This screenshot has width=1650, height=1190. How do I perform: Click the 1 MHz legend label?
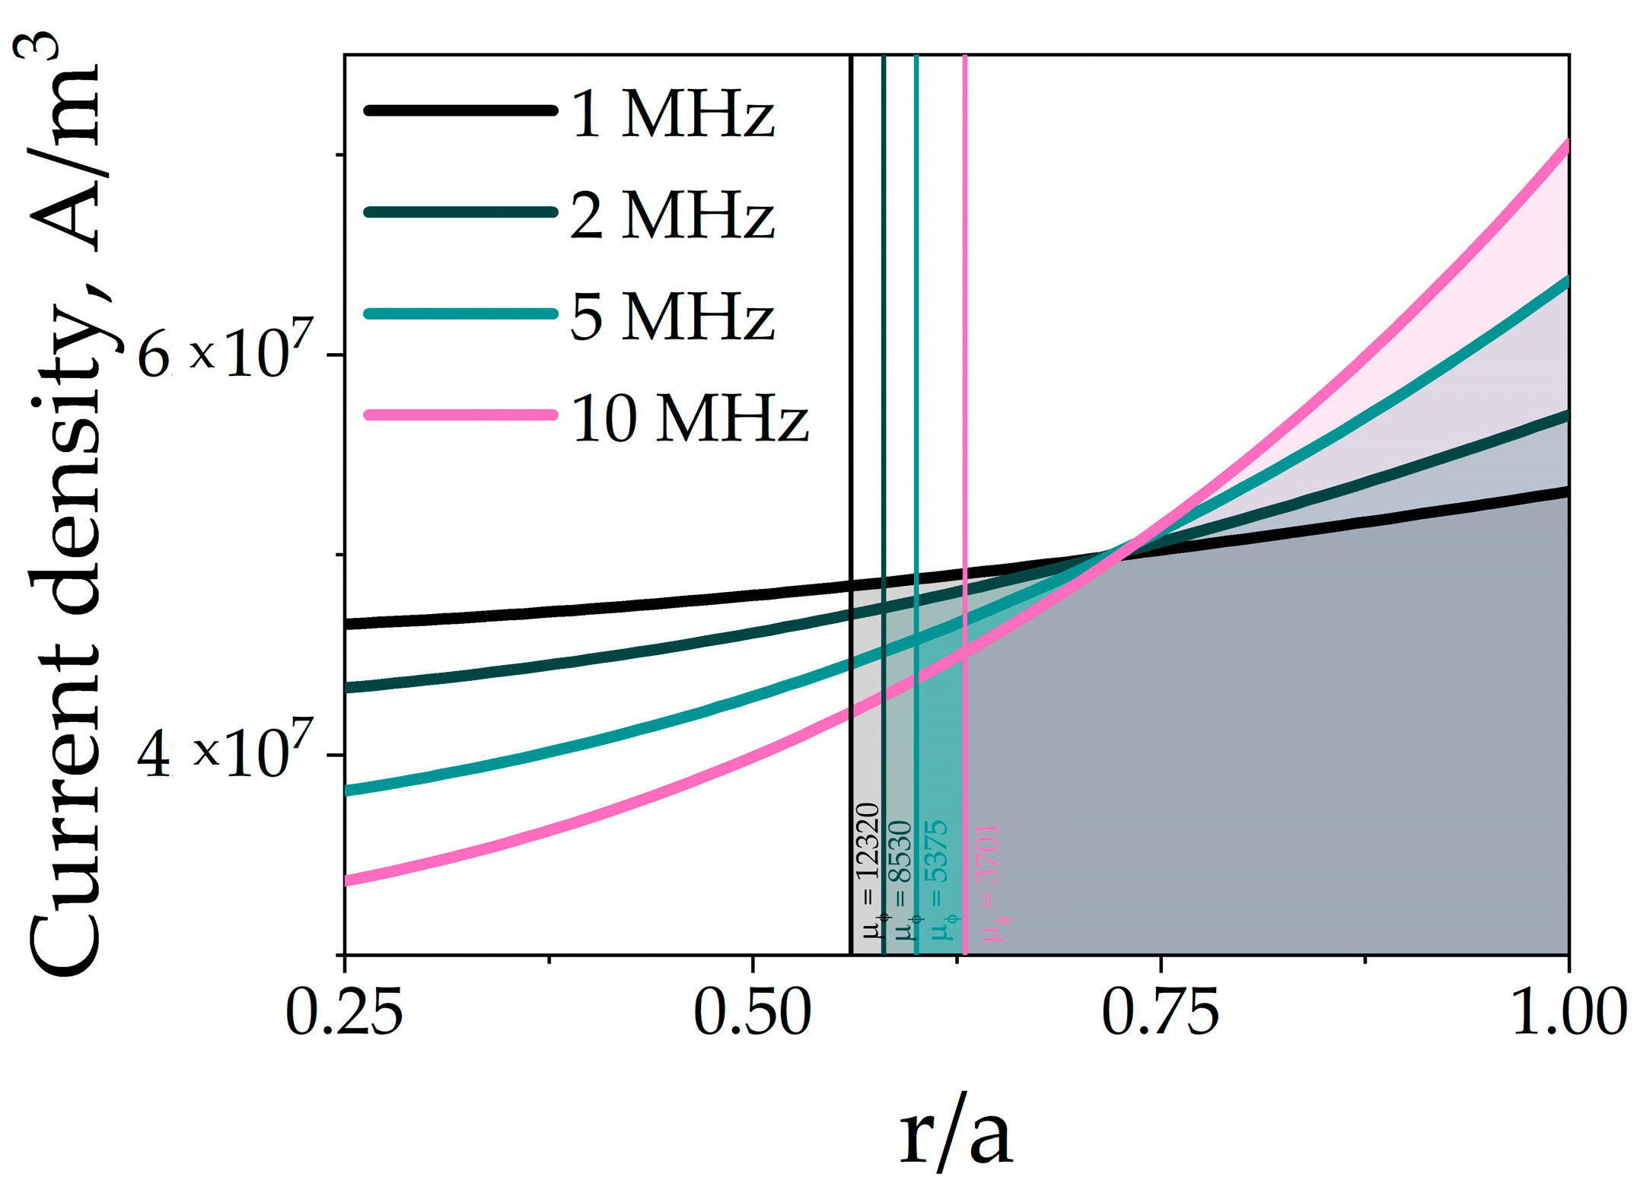click(672, 114)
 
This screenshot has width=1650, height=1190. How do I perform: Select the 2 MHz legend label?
click(672, 215)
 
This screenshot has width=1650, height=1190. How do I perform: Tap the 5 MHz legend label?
click(672, 317)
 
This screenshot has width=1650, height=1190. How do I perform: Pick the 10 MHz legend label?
click(689, 418)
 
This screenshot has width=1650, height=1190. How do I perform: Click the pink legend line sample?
click(461, 415)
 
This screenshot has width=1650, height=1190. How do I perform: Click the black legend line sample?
click(461, 111)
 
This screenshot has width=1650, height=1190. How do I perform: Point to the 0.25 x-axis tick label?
click(344, 1013)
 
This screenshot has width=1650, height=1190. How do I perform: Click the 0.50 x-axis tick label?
click(752, 1013)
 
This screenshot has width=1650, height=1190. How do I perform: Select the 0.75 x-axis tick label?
click(1160, 1013)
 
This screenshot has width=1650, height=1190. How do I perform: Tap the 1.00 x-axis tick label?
click(1568, 1013)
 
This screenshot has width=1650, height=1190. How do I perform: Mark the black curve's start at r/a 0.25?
click(349, 624)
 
